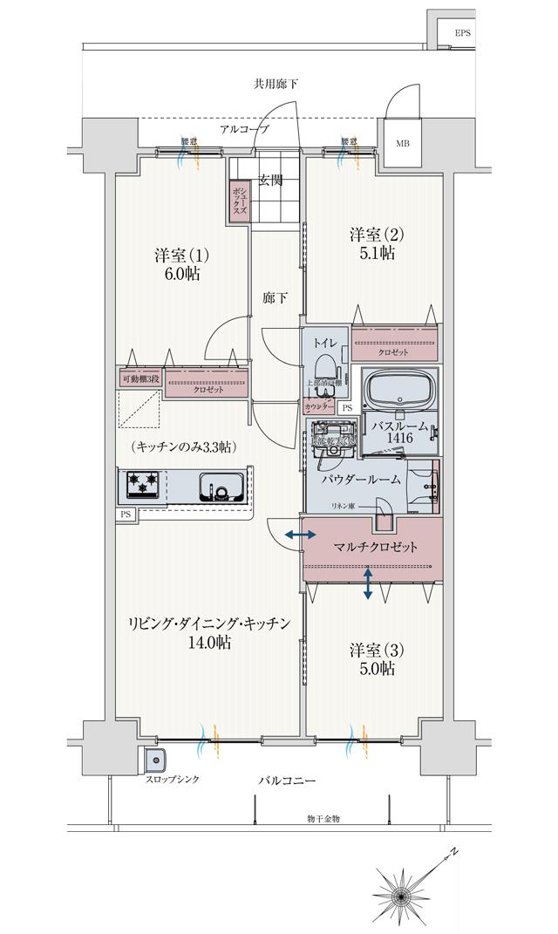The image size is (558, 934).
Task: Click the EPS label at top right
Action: click(x=462, y=34)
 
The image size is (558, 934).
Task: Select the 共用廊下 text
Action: click(x=276, y=85)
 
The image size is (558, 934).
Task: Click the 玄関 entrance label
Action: click(x=270, y=181)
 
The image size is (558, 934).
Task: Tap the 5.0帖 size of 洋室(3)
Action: click(x=373, y=669)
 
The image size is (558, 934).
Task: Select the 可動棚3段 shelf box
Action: click(x=139, y=378)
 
